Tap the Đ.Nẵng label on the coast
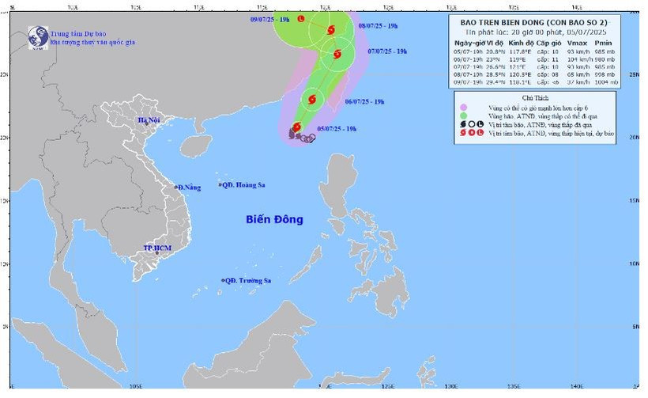click(190, 187)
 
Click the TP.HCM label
click(157, 248)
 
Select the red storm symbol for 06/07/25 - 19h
click(311, 99)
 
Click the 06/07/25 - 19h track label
click(365, 102)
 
